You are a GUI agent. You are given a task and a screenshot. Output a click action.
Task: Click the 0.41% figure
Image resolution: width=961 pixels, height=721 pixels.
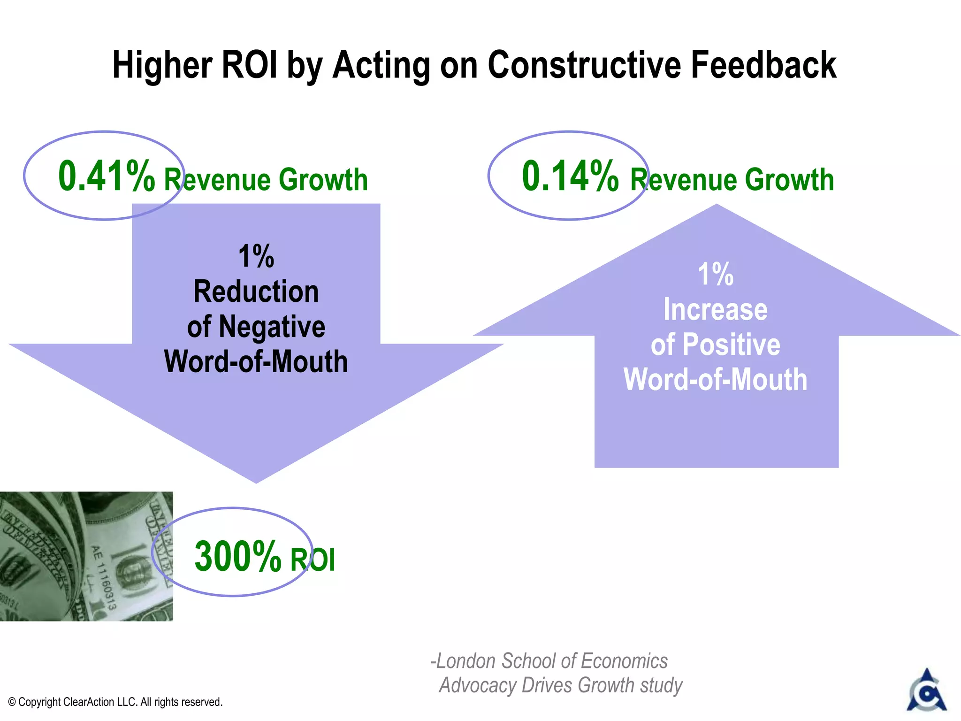pos(106,176)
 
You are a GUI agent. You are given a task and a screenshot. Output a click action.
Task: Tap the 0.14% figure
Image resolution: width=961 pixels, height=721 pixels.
pos(570,176)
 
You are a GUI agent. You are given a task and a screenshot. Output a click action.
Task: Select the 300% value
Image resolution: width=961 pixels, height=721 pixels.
pos(237,556)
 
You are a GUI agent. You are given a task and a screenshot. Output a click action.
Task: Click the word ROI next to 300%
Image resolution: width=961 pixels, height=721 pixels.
pos(313,560)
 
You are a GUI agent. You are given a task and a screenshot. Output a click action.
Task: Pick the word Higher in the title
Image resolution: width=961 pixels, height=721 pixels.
pos(162,66)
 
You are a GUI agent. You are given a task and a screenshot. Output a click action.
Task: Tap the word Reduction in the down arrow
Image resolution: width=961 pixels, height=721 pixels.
pos(256,292)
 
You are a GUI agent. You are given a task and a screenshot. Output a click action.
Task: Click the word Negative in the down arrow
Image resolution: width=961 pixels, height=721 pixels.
pos(272,327)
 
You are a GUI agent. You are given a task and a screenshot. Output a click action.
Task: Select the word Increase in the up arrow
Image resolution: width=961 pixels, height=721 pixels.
pos(715,310)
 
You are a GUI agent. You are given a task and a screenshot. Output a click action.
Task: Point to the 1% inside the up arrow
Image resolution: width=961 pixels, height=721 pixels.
pos(715,274)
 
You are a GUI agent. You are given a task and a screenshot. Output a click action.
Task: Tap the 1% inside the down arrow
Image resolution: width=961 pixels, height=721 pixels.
pos(256,256)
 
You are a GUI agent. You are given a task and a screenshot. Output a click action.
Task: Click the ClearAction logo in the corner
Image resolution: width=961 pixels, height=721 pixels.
pos(926,690)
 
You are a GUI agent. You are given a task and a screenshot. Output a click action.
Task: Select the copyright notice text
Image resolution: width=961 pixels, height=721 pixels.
pos(115,702)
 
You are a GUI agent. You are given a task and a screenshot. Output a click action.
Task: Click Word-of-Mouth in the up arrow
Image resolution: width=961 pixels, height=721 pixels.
pos(715,380)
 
